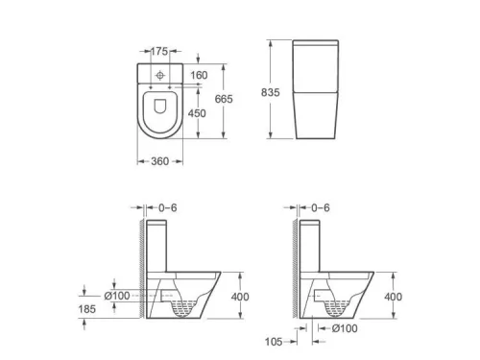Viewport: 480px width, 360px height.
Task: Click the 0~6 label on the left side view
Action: [169, 207]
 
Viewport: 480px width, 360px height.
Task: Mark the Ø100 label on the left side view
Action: [116, 295]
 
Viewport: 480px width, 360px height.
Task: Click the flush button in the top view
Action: [159, 76]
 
